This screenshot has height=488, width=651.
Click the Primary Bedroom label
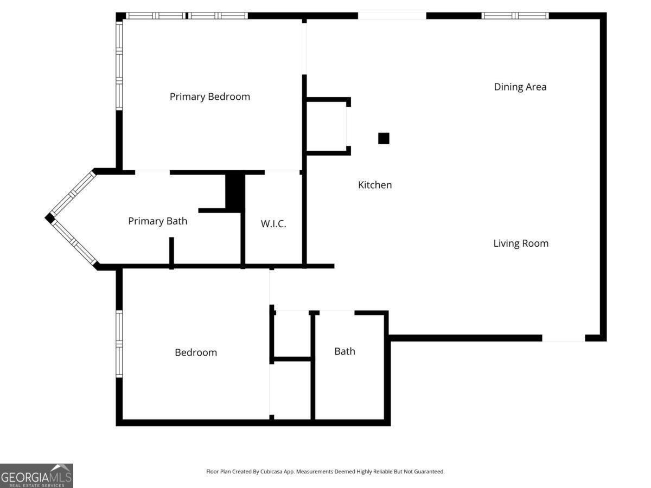(x=210, y=97)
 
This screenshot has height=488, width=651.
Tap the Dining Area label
(x=520, y=87)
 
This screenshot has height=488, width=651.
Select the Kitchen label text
(x=375, y=185)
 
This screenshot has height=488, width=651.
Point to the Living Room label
(x=521, y=243)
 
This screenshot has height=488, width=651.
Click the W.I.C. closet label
(x=273, y=224)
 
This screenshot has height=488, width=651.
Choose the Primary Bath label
(x=157, y=221)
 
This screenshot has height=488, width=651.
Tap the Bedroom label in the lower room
(x=196, y=352)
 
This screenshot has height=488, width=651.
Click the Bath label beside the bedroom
(x=344, y=351)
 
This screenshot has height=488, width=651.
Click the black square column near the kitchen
(x=384, y=138)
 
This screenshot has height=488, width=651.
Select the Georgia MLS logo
(x=36, y=476)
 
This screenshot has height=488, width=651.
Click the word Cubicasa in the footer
(x=271, y=471)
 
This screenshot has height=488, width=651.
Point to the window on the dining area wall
(x=515, y=16)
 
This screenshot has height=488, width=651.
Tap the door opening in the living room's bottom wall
(x=564, y=338)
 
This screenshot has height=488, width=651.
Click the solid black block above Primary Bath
(x=235, y=193)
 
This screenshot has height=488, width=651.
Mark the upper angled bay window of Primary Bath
(x=73, y=193)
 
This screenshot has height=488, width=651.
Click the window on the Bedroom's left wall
(x=119, y=344)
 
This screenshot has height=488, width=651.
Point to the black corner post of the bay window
(x=49, y=219)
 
